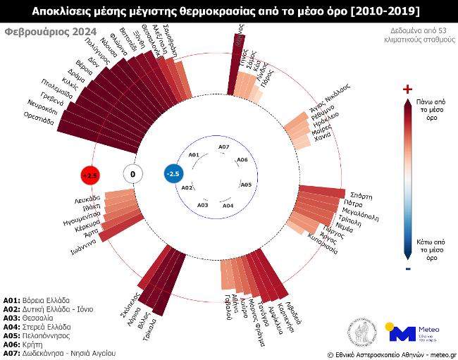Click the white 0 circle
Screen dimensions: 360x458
tap(132, 174)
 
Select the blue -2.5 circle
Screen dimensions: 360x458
tap(173, 174)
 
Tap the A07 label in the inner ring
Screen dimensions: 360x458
tap(223, 147)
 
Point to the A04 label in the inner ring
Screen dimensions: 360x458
tap(228, 205)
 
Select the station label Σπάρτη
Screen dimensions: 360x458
tap(361, 195)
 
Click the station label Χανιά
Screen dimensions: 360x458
tap(322, 136)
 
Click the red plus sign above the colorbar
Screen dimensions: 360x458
tap(407, 89)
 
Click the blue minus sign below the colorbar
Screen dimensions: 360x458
tap(408, 268)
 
